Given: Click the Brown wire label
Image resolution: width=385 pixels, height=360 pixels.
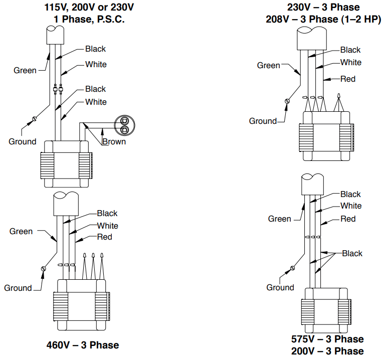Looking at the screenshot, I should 114,142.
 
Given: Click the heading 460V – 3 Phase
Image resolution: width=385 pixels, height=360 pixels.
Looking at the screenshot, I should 83,345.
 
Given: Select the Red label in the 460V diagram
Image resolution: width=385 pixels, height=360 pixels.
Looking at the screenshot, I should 104,237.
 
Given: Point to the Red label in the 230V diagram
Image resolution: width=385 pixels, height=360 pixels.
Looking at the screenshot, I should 348,79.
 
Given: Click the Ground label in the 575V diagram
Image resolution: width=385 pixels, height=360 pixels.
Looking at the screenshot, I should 280,287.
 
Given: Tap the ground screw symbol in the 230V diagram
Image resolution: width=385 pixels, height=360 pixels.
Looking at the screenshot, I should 288,101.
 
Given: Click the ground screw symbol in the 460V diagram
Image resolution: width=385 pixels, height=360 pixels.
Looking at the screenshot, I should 43,269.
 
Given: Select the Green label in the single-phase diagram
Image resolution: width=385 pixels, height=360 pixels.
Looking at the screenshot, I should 25,70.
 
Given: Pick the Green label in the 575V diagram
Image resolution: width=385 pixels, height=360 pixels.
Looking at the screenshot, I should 279,219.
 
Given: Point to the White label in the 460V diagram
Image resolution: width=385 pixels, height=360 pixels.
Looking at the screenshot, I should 108,226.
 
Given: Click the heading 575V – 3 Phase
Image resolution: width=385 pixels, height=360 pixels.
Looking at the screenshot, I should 327,339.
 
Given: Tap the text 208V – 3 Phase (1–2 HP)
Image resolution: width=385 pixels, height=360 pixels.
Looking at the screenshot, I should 323,19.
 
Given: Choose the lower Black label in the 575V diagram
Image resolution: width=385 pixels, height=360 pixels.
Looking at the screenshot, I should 352,253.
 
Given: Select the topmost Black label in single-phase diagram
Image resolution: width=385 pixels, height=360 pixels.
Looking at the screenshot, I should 95,49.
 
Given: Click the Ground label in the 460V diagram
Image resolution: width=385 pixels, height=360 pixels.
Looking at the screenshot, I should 18,288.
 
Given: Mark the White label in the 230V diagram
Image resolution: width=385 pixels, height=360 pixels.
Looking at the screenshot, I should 350,62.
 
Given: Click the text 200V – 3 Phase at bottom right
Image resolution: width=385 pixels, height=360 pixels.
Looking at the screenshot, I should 327,351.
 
